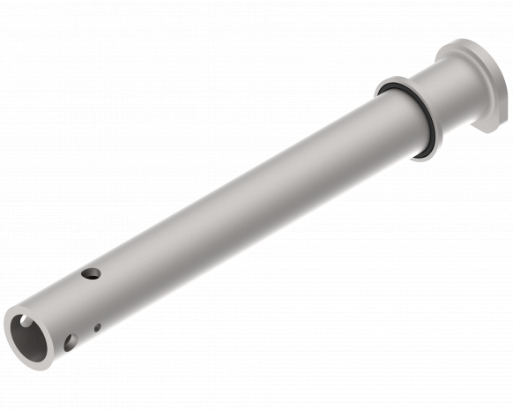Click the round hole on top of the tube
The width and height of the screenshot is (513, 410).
89,274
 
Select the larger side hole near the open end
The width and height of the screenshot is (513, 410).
71,341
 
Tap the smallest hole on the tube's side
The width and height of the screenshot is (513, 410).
97,327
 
